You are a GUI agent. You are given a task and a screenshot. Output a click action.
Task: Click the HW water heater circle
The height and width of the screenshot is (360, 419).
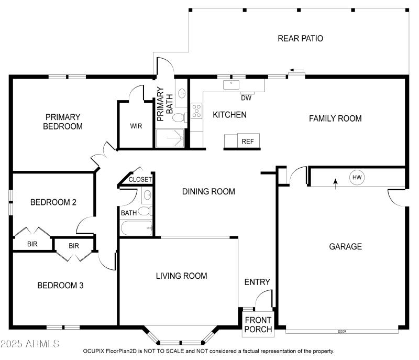[357, 178]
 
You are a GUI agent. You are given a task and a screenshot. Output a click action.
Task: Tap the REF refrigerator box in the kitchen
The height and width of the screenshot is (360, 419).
[247, 141]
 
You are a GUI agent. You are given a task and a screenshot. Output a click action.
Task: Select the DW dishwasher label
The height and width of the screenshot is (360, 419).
[246, 97]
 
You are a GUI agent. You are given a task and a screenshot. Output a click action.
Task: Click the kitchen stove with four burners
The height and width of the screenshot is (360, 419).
[197, 111]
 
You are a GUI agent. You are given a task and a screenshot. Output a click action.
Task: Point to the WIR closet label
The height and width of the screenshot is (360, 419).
[136, 126]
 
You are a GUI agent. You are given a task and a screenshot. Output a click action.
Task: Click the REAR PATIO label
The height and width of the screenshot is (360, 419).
[300, 38]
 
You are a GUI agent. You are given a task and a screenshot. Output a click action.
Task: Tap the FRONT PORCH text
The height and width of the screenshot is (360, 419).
[258, 325]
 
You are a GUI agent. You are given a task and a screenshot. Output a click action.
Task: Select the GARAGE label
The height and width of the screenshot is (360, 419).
[345, 246]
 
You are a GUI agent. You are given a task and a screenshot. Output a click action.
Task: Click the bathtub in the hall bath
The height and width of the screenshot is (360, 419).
[136, 228]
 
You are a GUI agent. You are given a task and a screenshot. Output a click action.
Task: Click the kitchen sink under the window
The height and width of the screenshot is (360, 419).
[231, 84]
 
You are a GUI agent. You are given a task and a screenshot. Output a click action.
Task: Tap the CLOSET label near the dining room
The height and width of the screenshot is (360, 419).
[140, 179]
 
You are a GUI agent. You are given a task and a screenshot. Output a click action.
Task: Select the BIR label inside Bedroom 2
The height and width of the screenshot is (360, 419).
[32, 244]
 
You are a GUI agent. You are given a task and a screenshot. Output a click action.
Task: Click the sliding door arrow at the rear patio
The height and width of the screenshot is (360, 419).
[297, 70]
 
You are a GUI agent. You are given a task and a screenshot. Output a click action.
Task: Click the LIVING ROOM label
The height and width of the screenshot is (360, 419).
[181, 276]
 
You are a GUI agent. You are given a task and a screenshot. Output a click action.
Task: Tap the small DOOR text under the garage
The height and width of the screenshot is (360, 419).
[343, 331]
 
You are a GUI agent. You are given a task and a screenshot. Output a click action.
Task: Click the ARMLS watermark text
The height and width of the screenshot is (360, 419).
[30, 344]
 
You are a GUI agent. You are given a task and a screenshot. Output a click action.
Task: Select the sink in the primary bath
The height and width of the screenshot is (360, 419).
[182, 94]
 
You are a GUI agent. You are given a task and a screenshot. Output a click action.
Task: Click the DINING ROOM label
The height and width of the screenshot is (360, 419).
[208, 191]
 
